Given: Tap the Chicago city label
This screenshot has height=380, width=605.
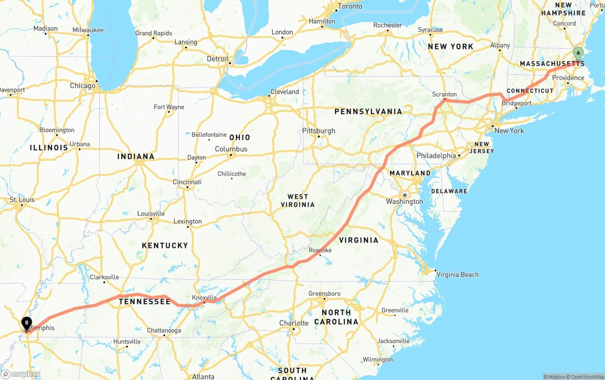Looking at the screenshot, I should coord(82,86).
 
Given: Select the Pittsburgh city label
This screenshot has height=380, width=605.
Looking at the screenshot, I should coord(319,131).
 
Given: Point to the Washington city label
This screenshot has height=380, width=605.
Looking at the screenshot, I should coord(404,202).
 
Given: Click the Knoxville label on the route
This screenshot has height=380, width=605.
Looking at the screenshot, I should coord(204,298).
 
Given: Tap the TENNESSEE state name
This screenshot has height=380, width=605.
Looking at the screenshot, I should coord(144,301).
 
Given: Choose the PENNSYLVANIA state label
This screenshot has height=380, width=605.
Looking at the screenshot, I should coord(368,112).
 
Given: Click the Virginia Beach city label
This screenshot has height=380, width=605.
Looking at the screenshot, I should coord(457,274).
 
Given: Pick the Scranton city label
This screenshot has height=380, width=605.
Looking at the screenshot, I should coord(444,95).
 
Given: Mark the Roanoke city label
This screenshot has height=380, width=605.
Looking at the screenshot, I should coord(320,250).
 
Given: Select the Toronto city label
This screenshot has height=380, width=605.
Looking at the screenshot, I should coord(350,6).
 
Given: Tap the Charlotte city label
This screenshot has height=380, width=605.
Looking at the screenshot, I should coord(294,323).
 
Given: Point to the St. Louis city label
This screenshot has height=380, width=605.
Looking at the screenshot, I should coord(22,200).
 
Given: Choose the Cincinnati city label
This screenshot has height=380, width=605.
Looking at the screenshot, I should coord(187,182).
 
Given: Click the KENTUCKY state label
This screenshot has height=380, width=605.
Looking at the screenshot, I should coord(165,246).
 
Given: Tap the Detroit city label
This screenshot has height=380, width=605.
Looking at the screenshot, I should coord(217,59).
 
